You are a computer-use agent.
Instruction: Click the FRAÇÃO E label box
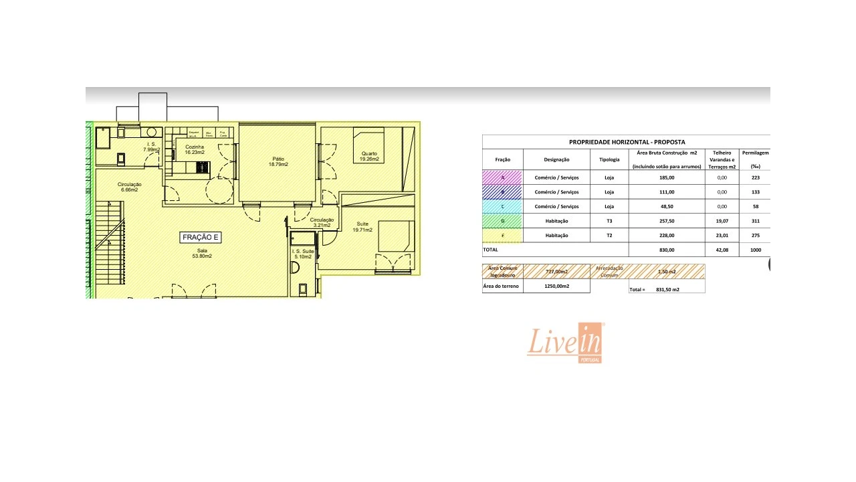(201, 238)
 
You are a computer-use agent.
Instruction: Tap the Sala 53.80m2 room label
(202, 253)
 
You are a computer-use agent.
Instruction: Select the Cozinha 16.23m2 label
(195, 149)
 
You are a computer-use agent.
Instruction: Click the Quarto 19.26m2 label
(369, 156)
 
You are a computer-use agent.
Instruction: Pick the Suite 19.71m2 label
(362, 226)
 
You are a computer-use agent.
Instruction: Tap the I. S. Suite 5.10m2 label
(302, 253)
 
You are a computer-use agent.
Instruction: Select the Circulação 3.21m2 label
(322, 222)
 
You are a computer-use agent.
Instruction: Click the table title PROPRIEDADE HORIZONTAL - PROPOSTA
(627, 142)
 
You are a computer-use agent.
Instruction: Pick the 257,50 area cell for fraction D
(667, 221)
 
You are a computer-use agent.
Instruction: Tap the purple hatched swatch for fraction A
(502, 177)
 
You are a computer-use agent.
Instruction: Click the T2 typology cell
(609, 236)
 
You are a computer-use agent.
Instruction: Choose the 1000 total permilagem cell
(754, 250)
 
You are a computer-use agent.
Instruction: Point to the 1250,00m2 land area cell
(556, 287)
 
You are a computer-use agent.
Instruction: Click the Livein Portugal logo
(566, 343)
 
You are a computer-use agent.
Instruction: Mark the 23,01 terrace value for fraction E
(722, 236)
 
